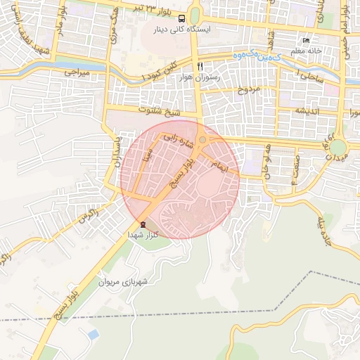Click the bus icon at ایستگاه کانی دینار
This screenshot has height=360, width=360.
182,19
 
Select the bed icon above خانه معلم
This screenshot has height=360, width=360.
305,41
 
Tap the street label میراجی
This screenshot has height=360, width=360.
77,72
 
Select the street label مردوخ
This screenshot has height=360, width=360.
251,90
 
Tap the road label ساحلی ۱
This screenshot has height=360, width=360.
310,75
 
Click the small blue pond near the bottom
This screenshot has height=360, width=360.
92,334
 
